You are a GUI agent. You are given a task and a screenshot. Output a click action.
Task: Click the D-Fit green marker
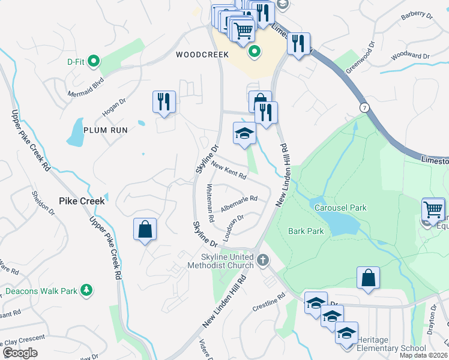(x=93, y=61)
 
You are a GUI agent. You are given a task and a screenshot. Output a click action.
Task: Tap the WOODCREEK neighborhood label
(x=202, y=55)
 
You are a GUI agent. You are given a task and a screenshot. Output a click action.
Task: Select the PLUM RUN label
(x=106, y=130)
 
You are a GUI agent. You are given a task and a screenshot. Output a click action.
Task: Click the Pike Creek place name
(x=82, y=201)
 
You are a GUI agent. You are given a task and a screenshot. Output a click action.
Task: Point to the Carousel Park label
(x=340, y=208)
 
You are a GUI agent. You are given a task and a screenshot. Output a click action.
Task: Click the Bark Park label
(x=306, y=231)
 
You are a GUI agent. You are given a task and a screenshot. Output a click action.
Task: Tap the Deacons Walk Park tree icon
(x=86, y=290)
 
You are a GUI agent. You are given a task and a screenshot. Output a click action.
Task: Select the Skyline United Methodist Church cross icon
(x=262, y=260)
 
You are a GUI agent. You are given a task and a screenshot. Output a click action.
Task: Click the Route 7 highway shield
(x=364, y=107)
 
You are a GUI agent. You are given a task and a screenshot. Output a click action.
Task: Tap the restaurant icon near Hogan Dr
(x=164, y=102)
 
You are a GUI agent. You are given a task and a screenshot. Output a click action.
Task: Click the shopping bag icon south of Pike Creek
(x=145, y=230)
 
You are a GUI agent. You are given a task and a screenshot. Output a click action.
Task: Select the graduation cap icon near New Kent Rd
(x=244, y=134)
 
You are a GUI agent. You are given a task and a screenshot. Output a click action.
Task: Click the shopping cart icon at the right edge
(x=433, y=210)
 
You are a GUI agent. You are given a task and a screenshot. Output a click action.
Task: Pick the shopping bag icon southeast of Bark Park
(x=368, y=278)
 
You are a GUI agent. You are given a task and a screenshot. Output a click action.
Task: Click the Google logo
(x=20, y=353)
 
